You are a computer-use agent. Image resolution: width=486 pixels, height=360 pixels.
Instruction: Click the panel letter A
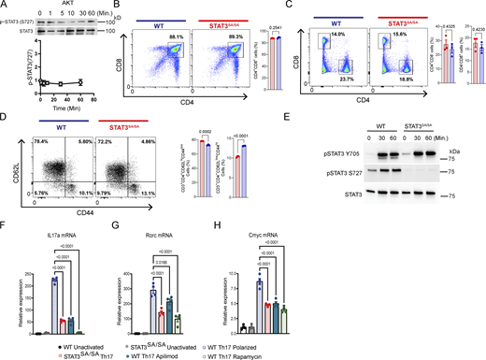(x=5, y=6)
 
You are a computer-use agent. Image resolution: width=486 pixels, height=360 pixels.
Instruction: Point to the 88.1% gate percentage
(x=169, y=37)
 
